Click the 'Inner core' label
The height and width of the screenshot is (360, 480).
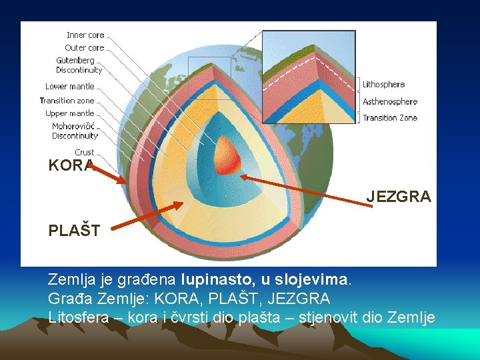85,35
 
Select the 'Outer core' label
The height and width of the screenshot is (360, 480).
84,48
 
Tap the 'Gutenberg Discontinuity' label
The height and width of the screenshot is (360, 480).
79,65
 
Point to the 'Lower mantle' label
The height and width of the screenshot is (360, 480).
69,87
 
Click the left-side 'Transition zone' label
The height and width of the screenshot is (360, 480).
67,101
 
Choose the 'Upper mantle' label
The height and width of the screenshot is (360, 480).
69,113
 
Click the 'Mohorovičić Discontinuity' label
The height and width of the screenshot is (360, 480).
75,131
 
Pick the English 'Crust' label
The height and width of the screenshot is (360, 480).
84,153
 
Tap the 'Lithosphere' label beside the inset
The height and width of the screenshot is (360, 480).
383,85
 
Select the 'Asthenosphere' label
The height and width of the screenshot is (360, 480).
390,102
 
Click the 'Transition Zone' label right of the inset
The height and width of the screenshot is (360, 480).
390,118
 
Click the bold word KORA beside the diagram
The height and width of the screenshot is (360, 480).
71,166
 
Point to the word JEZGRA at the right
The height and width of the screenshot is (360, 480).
398,197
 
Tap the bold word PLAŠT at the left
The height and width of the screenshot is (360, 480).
74,231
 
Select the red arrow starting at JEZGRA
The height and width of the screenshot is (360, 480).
307,192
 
